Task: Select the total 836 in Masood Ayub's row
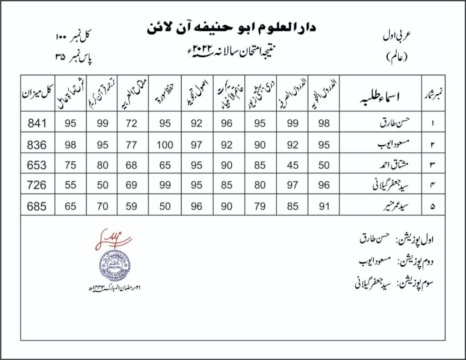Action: [37, 144]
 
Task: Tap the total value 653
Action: [37, 165]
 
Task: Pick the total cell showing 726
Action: [37, 185]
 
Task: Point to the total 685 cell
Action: [37, 206]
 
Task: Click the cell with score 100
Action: [165, 144]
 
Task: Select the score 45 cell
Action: [293, 165]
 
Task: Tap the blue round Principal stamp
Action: [115, 266]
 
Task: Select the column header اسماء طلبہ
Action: [379, 96]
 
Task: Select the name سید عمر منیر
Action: [386, 206]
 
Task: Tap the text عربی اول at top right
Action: [395, 38]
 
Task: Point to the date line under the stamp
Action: [114, 289]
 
